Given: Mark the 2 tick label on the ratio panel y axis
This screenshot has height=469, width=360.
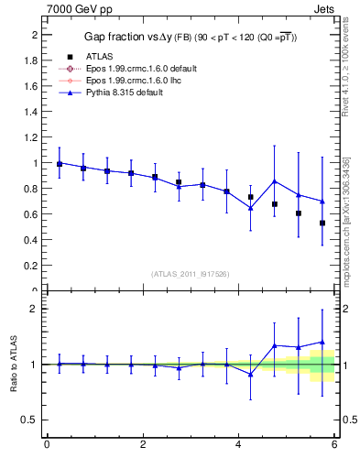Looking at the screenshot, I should (x=34, y=309).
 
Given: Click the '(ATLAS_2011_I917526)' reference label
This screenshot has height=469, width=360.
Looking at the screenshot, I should (x=190, y=275).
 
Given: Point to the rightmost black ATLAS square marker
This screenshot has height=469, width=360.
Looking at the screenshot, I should (x=322, y=223).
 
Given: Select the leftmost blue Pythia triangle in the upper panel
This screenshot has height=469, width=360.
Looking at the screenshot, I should (x=60, y=163).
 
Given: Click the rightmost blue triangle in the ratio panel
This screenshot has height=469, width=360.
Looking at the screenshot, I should (x=322, y=343).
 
